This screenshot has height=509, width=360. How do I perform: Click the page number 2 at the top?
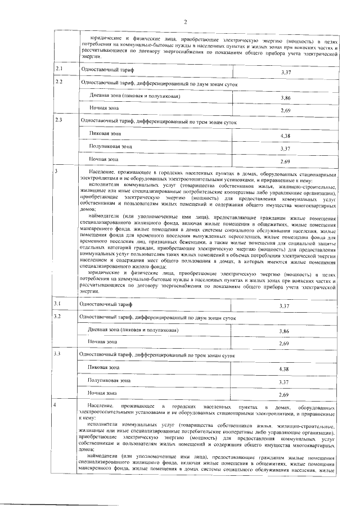point(184,22)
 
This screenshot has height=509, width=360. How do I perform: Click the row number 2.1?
point(58,69)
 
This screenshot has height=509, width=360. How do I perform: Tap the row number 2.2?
point(58,82)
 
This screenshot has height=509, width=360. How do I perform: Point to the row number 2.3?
point(58,120)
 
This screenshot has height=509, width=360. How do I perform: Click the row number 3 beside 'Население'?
point(56,170)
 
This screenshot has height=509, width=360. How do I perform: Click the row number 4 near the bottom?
point(56,404)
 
